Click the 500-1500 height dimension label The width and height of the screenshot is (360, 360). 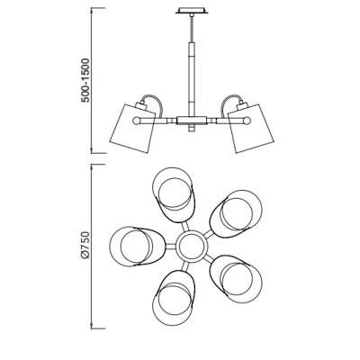(85, 81)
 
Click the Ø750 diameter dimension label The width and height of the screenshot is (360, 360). (85, 245)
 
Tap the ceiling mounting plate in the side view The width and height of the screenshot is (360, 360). (192, 11)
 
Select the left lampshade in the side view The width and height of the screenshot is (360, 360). (132, 129)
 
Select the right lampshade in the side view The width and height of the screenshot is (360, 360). (251, 129)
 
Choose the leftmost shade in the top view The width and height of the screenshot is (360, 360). (137, 246)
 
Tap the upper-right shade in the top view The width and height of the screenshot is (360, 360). (236, 213)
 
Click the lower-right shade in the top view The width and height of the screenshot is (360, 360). (236, 279)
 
